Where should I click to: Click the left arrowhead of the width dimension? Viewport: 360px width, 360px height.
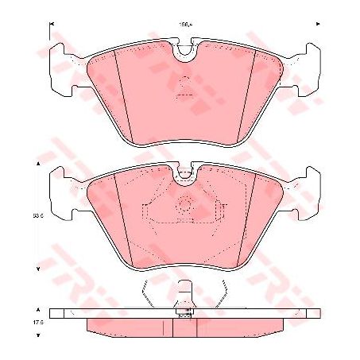(x=52, y=26)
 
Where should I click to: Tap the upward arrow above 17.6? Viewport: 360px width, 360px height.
(x=37, y=305)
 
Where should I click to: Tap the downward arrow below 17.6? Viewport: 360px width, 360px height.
(x=37, y=339)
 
